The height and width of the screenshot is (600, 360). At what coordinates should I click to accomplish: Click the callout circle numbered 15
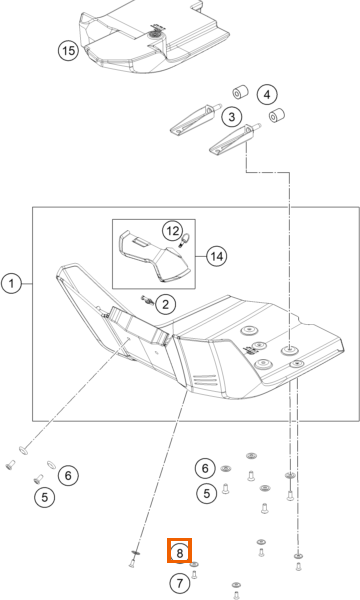pos(68,51)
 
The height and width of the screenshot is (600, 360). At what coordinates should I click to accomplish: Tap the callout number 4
pos(267,95)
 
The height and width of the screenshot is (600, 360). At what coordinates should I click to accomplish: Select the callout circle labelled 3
pos(232,117)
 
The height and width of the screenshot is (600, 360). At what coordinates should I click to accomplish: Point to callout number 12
pos(173,231)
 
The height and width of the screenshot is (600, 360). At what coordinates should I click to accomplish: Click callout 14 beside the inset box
pos(217,256)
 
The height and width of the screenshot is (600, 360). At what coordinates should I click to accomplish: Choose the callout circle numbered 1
pos(11,284)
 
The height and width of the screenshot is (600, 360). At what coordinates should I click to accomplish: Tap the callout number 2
pos(165,304)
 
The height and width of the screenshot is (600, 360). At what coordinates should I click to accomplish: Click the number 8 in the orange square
pos(179,552)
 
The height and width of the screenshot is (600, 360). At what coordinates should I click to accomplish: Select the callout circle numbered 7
pos(180,584)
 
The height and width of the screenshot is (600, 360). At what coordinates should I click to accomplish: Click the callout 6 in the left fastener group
pos(68,475)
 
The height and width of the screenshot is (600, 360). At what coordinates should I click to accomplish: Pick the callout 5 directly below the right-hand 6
pos(207,493)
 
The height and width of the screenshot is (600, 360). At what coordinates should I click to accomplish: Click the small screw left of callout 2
pos(147,300)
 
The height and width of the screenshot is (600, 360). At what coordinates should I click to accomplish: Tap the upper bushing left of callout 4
pos(241,92)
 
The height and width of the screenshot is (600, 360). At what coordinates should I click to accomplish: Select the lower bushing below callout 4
pos(277,115)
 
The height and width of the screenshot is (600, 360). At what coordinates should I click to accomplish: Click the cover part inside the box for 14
pos(154,256)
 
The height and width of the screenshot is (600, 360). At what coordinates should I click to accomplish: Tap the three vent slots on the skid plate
pos(206,380)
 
